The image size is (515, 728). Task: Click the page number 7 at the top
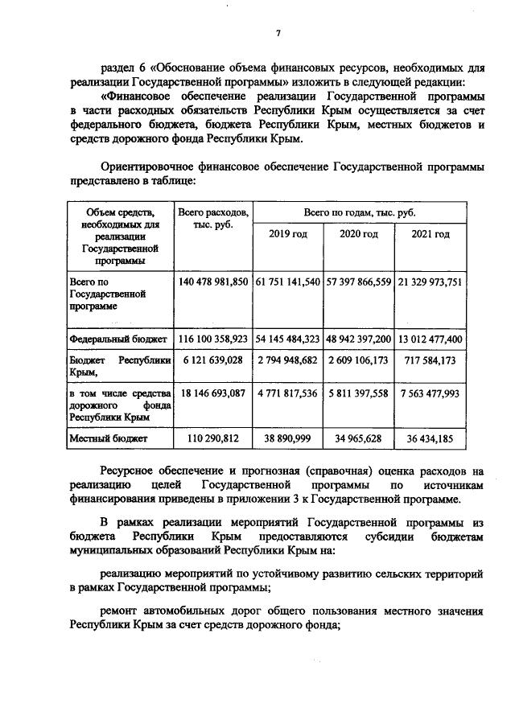277,34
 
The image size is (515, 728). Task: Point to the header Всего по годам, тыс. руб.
359,211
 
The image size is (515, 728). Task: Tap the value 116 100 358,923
213,339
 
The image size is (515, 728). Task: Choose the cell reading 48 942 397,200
359,339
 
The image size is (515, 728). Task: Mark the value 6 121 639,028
213,362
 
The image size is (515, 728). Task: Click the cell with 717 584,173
431,362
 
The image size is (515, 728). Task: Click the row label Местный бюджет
97,439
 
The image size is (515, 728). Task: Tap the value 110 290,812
213,439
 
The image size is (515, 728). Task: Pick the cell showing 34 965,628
359,439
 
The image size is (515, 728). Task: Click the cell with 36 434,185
431,439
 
